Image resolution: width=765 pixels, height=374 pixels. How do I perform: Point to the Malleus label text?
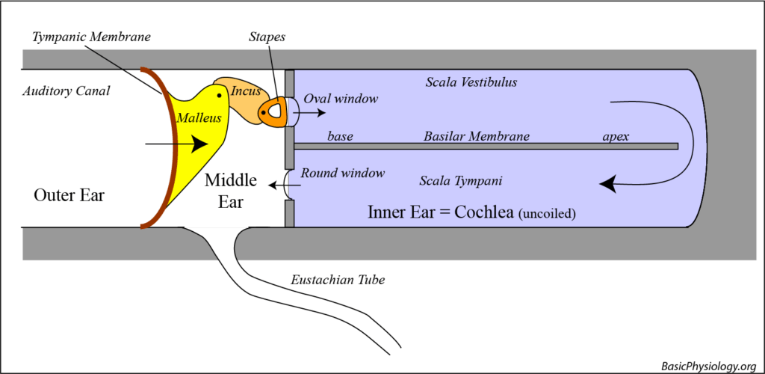coord(194,117)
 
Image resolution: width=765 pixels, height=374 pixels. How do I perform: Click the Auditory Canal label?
coord(66,91)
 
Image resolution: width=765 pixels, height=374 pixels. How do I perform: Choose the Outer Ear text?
coord(69,195)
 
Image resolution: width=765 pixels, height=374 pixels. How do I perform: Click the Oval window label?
coord(341,98)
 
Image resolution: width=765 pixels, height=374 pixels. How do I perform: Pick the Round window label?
coord(342,174)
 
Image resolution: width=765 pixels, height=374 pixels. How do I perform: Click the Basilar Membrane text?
coord(476,137)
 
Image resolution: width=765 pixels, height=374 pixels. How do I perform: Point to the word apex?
coord(617,137)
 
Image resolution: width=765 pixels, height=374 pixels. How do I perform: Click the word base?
coord(340,137)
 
